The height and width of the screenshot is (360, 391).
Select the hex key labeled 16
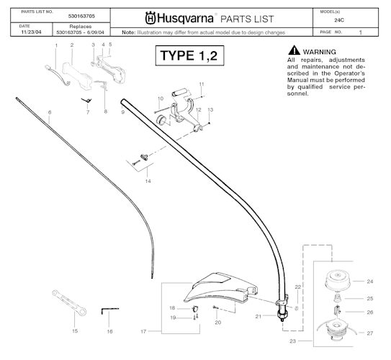coord(108,309)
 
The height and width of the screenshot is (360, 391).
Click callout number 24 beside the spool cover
coord(369,282)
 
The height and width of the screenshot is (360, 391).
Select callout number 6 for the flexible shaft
coord(50,112)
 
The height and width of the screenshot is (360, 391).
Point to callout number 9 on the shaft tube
coord(123,112)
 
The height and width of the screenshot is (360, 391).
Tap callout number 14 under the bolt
coord(148,181)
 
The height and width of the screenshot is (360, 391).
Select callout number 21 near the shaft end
coord(259,316)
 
